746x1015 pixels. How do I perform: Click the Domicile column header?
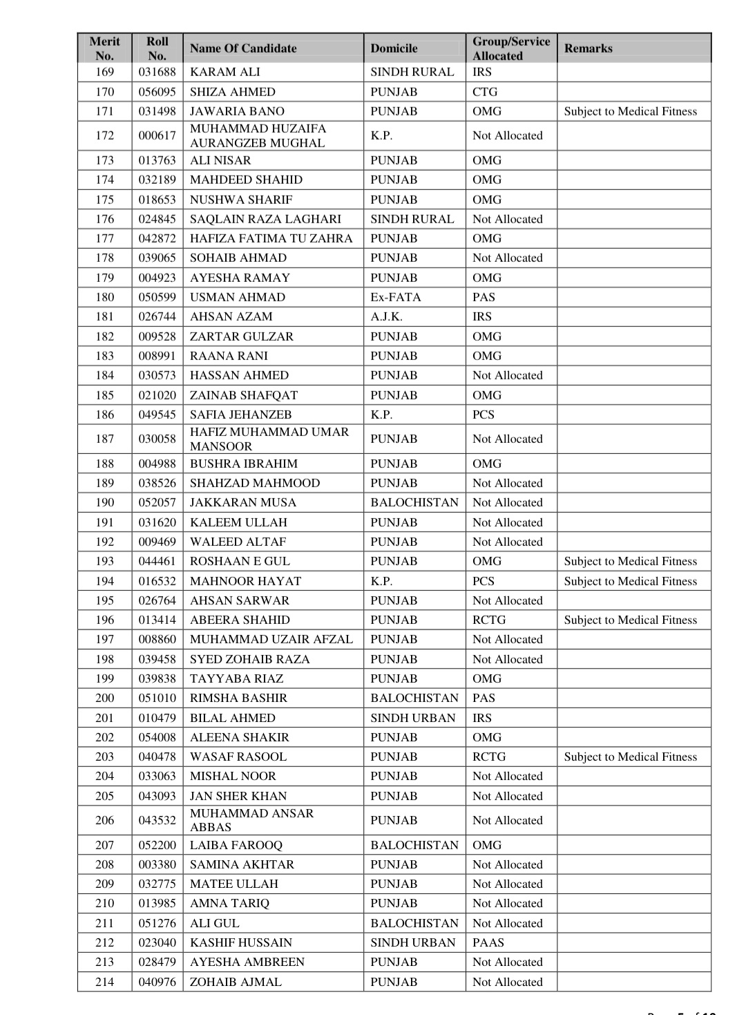coord(394,48)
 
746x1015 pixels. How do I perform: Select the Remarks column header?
coord(588,48)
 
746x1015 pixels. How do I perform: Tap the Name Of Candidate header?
coord(243,48)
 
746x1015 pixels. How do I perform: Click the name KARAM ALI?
coord(225,72)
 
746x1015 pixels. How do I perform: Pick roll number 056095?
coord(157,92)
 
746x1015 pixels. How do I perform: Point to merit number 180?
coord(105,297)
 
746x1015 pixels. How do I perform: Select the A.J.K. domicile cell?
coord(386,316)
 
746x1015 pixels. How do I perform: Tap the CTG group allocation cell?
coord(485,92)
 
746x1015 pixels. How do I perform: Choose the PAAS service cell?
coord(488,942)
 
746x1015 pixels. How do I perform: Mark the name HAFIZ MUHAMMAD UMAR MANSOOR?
coord(269,439)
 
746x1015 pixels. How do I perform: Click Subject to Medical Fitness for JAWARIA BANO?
coord(631,111)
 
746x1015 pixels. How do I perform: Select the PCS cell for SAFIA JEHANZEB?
coord(484,415)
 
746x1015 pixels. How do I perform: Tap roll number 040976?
coord(157,982)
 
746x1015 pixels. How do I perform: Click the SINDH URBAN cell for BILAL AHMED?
coord(413,718)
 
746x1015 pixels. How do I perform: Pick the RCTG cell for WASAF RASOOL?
coord(489,757)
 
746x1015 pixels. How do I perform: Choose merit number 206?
coord(105,820)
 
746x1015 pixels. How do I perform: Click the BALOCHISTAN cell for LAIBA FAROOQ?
coord(414,845)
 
